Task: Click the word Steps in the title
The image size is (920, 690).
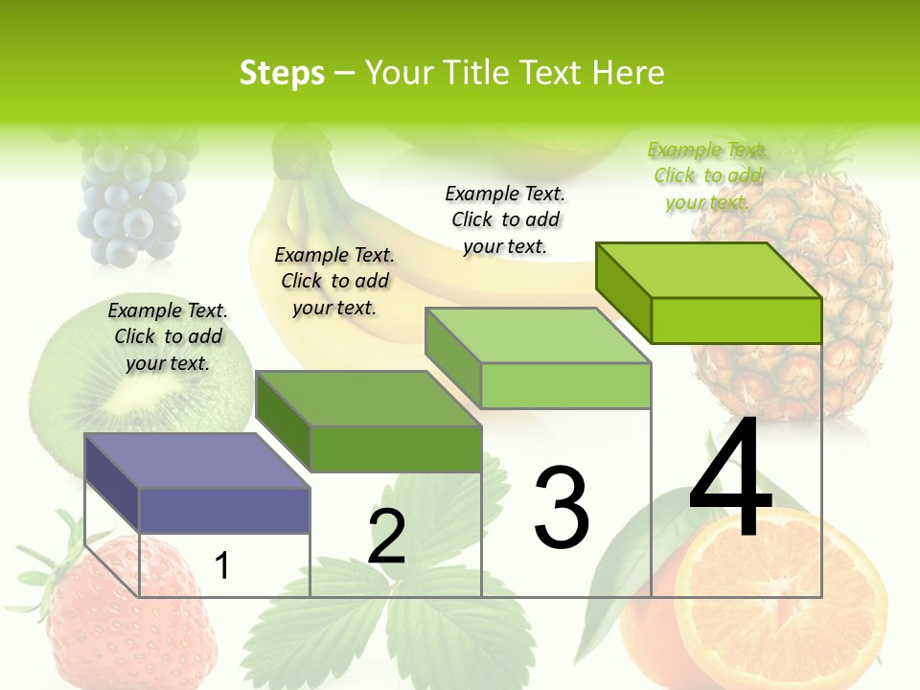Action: point(282,73)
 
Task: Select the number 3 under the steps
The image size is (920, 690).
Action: point(562,508)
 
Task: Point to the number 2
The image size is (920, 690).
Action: point(386,537)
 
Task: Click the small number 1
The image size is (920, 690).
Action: point(222,565)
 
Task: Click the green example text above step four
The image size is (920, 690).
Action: point(707,175)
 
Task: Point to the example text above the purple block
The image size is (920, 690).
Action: point(168,336)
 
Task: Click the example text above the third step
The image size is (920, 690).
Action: point(505,219)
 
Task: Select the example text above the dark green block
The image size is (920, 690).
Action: point(334,281)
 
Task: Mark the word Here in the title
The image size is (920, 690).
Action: point(629,73)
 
